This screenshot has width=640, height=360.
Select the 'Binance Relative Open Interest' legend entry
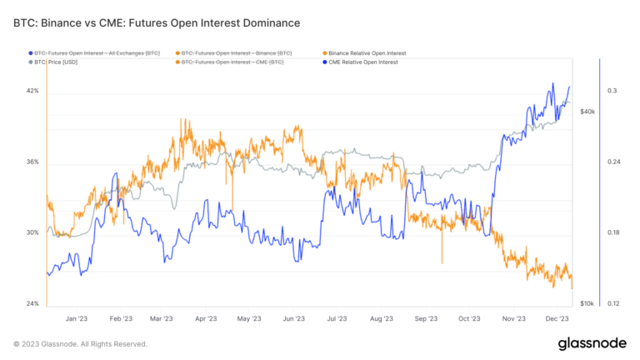(362, 52)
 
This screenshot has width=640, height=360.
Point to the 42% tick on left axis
(32, 91)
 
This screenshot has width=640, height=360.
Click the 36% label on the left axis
(32, 162)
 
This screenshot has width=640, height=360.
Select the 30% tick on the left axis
(32, 232)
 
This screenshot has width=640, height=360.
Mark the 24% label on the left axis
(32, 303)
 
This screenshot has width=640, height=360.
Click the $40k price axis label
(587, 112)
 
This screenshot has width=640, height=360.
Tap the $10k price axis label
(587, 303)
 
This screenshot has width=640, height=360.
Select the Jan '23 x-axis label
(77, 318)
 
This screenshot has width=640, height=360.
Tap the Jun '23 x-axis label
(294, 318)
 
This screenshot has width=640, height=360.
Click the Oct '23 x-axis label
(469, 318)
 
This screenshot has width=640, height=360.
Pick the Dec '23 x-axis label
(557, 318)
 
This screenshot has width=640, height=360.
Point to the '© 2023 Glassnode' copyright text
(80, 344)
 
